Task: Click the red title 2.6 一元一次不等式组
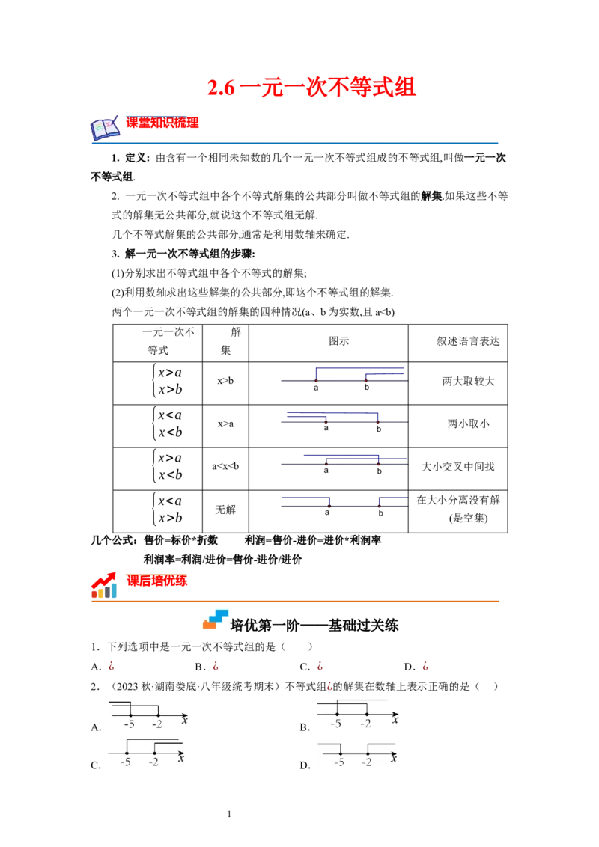pyautogui.click(x=311, y=88)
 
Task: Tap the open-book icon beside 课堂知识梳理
pyautogui.click(x=105, y=129)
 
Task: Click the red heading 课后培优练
pyautogui.click(x=156, y=581)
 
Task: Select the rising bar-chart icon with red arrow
pyautogui.click(x=104, y=586)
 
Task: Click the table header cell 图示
pyautogui.click(x=339, y=341)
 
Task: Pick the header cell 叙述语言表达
pyautogui.click(x=468, y=341)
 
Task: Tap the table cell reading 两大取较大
pyautogui.click(x=468, y=382)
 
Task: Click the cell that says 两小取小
pyautogui.click(x=468, y=424)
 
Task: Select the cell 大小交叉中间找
pyautogui.click(x=458, y=467)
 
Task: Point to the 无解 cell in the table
pyautogui.click(x=225, y=510)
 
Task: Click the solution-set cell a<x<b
pyautogui.click(x=225, y=466)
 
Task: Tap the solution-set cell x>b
pyautogui.click(x=225, y=381)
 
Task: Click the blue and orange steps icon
pyautogui.click(x=215, y=620)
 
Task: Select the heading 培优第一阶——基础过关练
pyautogui.click(x=314, y=626)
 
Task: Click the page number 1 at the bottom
pyautogui.click(x=229, y=814)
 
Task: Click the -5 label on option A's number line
pyautogui.click(x=130, y=724)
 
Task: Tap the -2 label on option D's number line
pyautogui.click(x=367, y=762)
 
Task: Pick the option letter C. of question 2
pyautogui.click(x=96, y=765)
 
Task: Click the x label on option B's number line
pyautogui.click(x=395, y=720)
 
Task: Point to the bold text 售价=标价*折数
pyautogui.click(x=181, y=540)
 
